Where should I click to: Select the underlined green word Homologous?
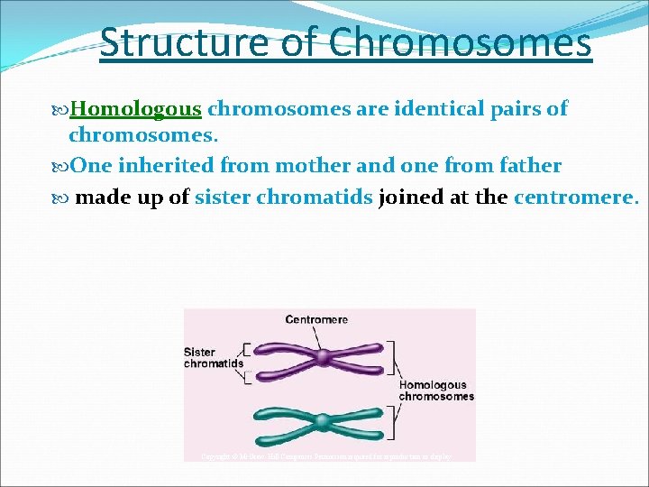click(x=136, y=109)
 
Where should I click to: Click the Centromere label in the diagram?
click(x=316, y=319)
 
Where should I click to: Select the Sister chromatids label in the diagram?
click(x=213, y=357)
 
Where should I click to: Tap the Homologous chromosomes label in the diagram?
click(x=436, y=391)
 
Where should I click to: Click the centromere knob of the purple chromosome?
click(x=323, y=358)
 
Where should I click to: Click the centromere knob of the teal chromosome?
click(x=322, y=421)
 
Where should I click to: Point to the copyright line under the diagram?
click(x=326, y=456)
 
